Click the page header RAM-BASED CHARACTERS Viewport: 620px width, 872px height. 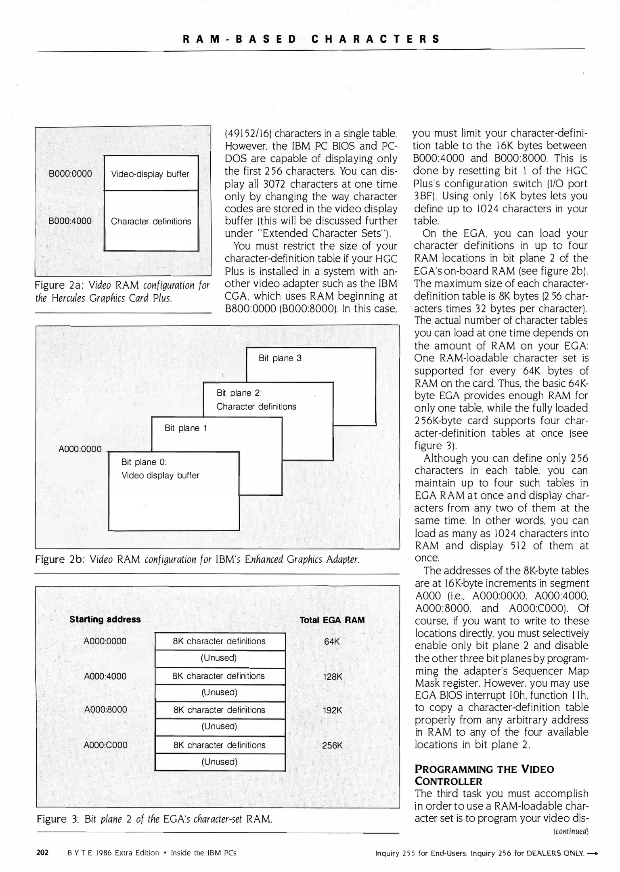(x=311, y=39)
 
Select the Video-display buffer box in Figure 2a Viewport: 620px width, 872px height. (x=151, y=174)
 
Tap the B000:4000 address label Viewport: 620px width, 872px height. (x=70, y=221)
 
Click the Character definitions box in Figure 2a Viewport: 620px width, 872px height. (x=151, y=221)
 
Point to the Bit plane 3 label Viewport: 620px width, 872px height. (x=280, y=358)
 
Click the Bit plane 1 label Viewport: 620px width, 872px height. (x=186, y=428)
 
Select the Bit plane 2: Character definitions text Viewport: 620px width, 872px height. (x=256, y=400)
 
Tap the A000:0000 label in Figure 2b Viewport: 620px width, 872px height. (x=80, y=449)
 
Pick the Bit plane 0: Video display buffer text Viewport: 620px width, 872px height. (x=160, y=469)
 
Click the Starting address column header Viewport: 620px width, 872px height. (x=105, y=619)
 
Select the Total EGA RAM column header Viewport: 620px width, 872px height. (x=332, y=620)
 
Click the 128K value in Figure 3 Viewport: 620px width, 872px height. (x=333, y=677)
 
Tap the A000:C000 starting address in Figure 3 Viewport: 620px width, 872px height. (x=105, y=745)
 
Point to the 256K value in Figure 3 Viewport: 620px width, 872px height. (x=332, y=746)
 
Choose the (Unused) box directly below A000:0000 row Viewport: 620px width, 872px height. (x=220, y=658)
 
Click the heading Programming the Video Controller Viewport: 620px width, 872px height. (x=484, y=775)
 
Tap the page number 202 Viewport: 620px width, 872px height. (x=42, y=853)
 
